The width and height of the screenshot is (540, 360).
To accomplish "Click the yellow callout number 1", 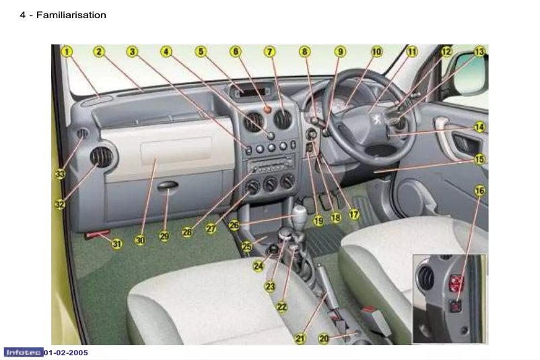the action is [x=67, y=52].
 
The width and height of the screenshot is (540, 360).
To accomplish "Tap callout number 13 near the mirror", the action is [x=479, y=52].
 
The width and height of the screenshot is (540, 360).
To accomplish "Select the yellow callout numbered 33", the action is [x=59, y=174].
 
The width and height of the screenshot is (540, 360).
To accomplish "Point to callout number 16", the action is [x=479, y=190].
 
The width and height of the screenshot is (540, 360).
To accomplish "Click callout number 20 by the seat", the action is [x=324, y=338].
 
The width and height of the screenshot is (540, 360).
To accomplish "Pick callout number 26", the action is [x=234, y=225].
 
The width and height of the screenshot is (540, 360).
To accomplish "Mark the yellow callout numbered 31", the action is [x=116, y=244].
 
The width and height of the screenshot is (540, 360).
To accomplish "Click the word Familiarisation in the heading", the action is [x=71, y=15].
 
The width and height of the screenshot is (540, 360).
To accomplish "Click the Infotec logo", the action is [x=24, y=353].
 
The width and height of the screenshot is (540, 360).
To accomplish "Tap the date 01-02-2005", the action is [x=66, y=353].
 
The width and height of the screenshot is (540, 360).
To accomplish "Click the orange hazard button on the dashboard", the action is [x=267, y=110].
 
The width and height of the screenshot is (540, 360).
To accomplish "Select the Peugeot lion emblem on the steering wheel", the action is [x=378, y=119].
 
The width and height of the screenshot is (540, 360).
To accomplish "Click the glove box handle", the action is [x=168, y=185].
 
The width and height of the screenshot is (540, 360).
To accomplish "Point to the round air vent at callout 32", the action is [x=102, y=157].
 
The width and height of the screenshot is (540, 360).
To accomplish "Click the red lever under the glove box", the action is [x=98, y=234].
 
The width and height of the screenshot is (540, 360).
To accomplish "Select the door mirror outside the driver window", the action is [x=471, y=73].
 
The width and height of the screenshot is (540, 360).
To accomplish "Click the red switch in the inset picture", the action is [x=457, y=283].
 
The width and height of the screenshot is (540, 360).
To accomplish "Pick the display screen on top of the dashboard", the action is [x=251, y=92].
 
